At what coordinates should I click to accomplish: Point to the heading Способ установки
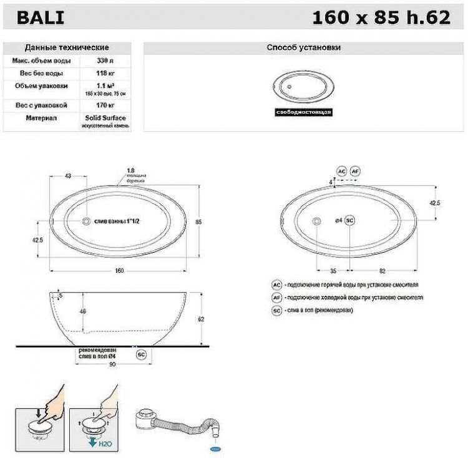point(303,47)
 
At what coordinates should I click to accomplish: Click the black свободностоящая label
point(303,113)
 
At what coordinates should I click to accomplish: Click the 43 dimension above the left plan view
point(68,176)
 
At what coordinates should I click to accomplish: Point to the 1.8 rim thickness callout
point(130,170)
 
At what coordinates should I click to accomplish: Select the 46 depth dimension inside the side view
point(81,311)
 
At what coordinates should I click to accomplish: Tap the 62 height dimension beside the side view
point(201,318)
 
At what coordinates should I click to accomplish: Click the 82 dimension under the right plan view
point(382,271)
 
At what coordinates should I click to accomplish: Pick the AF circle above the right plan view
point(354,170)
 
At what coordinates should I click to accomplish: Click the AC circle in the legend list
point(276,285)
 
